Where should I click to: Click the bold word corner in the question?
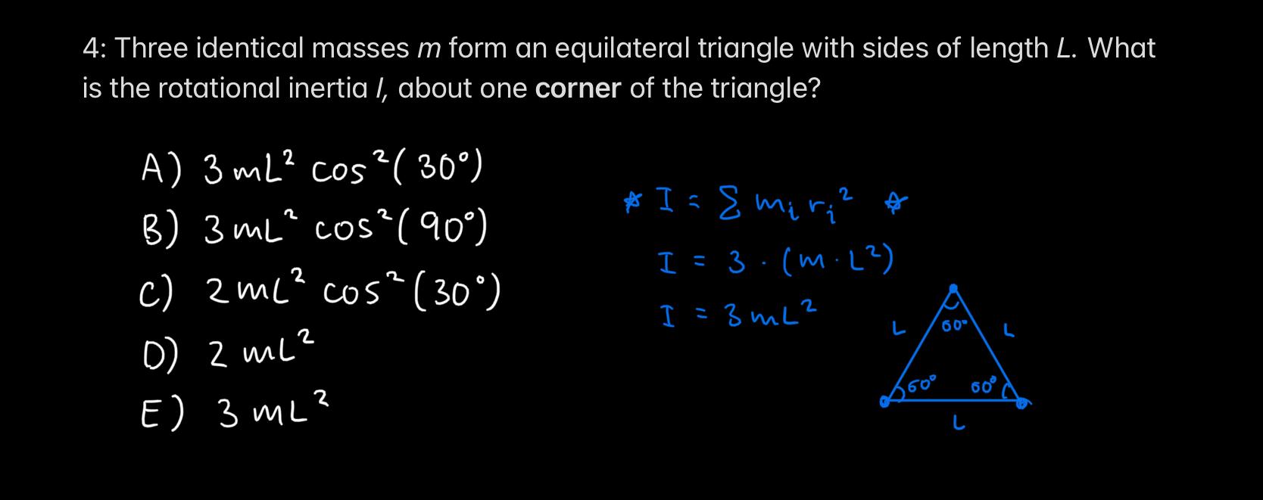578,89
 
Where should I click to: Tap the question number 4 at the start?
91,49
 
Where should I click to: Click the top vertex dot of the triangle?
954,289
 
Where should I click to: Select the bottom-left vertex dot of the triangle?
884,403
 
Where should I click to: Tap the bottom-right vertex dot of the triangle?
1021,403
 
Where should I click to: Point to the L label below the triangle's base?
959,425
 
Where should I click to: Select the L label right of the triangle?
1009,331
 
